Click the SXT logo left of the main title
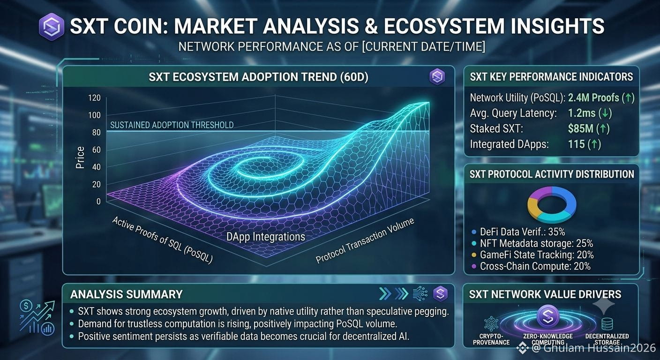[52, 27]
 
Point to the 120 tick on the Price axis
[94, 97]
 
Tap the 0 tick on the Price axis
[98, 202]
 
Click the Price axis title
[80, 157]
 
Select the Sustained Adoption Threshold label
[172, 125]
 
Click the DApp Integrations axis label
[265, 237]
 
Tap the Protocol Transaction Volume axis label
[365, 240]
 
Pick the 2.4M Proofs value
[593, 97]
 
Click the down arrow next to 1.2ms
[606, 113]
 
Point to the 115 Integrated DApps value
[576, 144]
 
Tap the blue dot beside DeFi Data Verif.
[474, 232]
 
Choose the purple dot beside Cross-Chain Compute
[474, 267]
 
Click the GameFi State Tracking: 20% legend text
[537, 255]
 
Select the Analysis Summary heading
[127, 294]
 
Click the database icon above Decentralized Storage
[607, 324]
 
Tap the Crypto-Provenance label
[491, 339]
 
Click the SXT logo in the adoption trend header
[437, 77]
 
